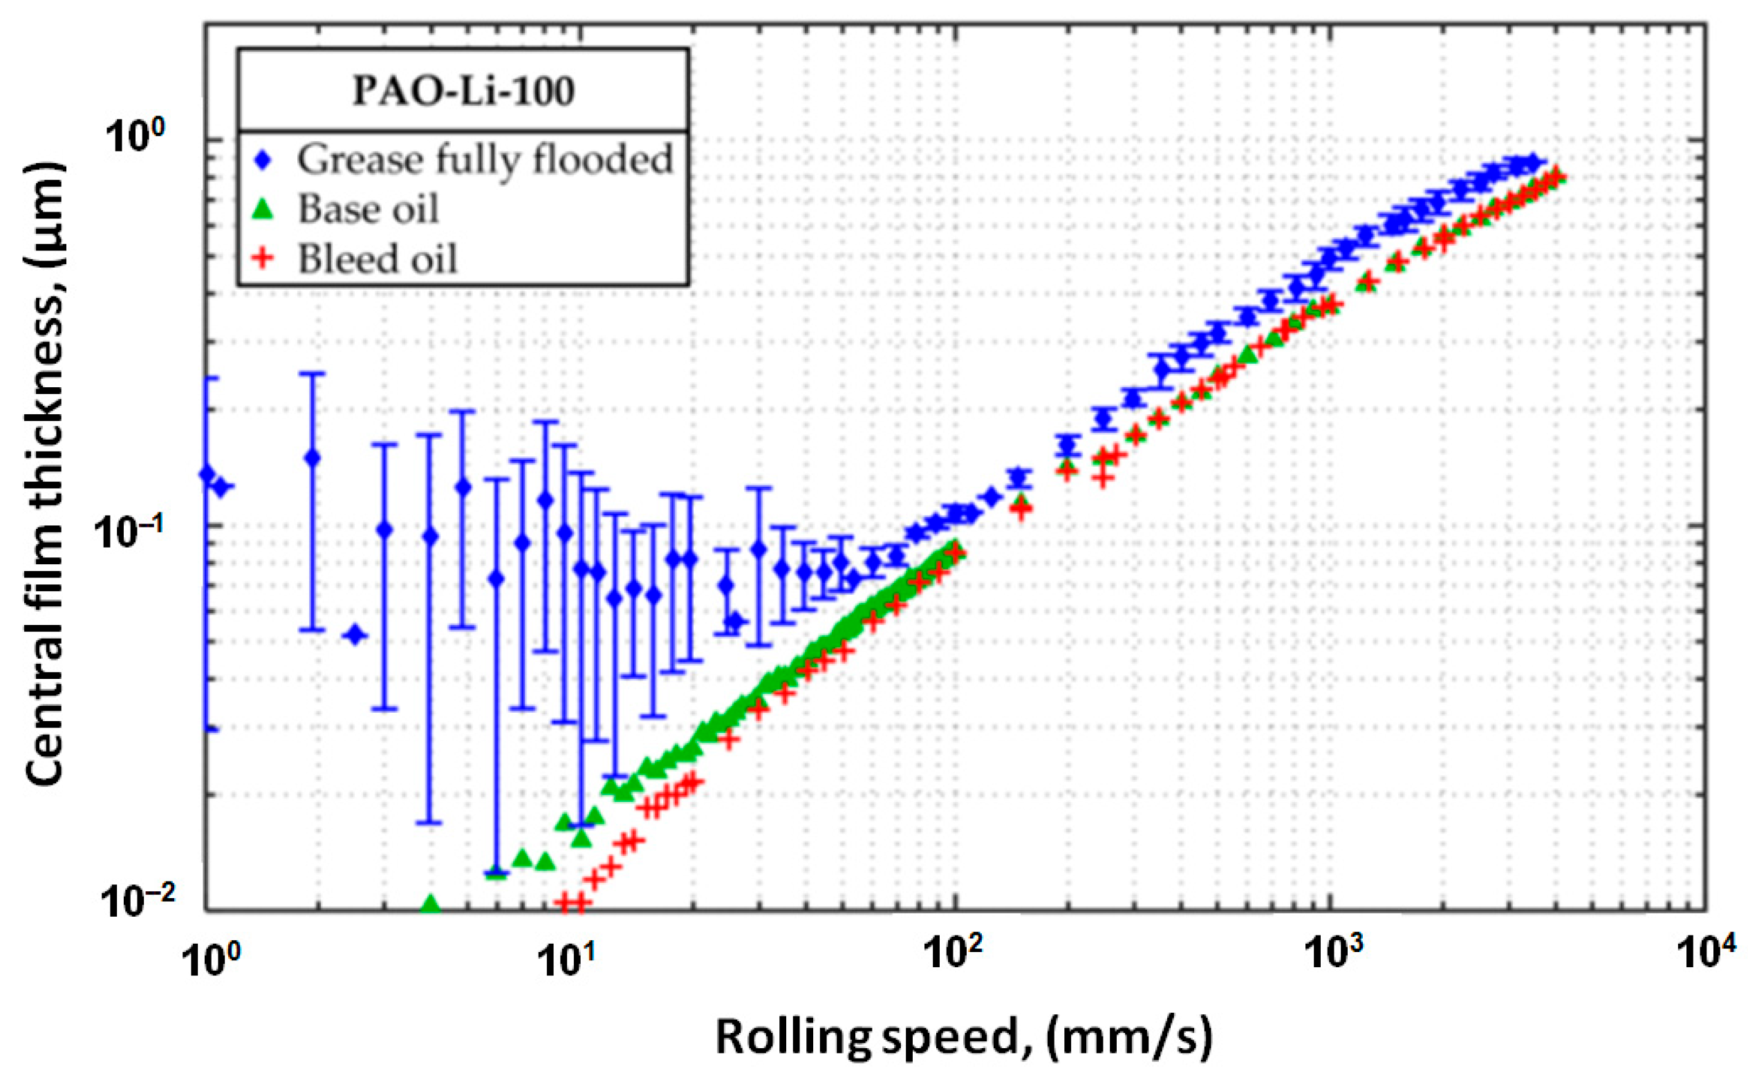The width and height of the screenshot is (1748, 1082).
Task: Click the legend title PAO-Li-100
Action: click(x=463, y=91)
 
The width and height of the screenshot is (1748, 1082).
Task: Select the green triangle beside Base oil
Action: click(x=265, y=209)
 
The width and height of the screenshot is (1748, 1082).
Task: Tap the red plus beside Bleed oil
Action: click(x=265, y=259)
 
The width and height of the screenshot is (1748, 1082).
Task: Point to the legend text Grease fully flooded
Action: click(x=485, y=160)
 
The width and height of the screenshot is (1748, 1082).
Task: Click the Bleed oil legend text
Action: click(x=377, y=259)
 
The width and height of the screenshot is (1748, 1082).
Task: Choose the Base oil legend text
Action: click(x=368, y=209)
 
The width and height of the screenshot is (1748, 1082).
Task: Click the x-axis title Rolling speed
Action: click(x=964, y=1038)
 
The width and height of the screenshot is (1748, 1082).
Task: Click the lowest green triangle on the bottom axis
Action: click(x=431, y=904)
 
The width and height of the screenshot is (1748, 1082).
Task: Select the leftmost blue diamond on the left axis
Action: click(x=207, y=473)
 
